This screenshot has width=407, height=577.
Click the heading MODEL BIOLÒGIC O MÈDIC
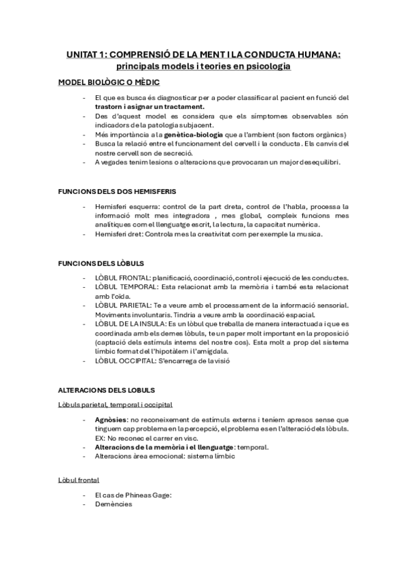[x=109, y=82]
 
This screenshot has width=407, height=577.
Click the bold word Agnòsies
[x=111, y=420]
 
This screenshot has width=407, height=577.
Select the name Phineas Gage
[x=150, y=495]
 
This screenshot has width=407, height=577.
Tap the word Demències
[x=113, y=504]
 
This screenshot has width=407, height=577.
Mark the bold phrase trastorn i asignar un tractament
[x=149, y=106]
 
